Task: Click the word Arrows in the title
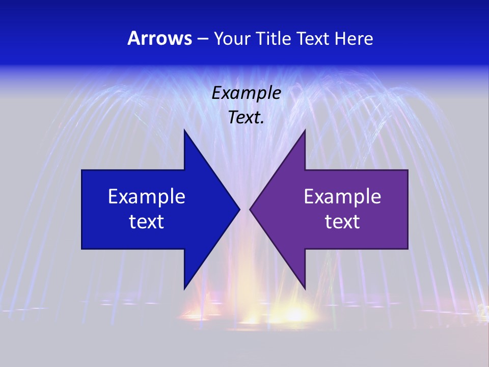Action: (x=159, y=38)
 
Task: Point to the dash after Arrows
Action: (x=202, y=39)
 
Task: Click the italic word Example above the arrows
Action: (x=247, y=93)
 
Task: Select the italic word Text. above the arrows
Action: (x=247, y=117)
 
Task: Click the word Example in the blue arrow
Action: (x=147, y=196)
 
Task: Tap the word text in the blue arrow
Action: (x=147, y=221)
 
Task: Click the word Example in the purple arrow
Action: (x=342, y=196)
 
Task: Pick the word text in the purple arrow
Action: (x=342, y=221)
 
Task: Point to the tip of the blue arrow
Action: (x=239, y=209)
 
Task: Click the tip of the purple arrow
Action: (x=250, y=209)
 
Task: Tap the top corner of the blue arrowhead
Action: (x=184, y=130)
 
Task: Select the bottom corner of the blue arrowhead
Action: (x=184, y=289)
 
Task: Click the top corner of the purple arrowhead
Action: (x=305, y=130)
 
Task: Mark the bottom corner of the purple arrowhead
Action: (x=305, y=289)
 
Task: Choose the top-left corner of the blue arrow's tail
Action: (x=82, y=170)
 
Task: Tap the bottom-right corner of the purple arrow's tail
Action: (x=407, y=249)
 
